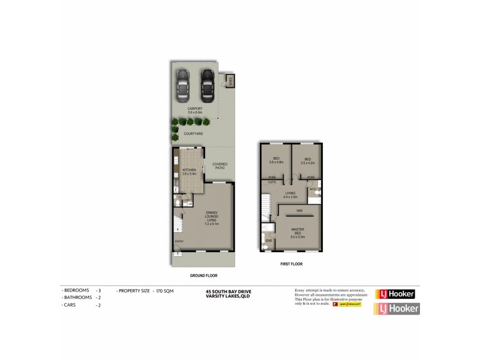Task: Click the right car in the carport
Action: (x=207, y=86)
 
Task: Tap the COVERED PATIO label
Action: (x=220, y=166)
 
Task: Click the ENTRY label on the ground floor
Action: (x=179, y=241)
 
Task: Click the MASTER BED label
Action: (x=298, y=232)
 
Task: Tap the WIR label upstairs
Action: (x=299, y=211)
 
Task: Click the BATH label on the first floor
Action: (x=313, y=188)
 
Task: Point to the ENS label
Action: (x=268, y=241)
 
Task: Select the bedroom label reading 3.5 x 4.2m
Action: (x=307, y=160)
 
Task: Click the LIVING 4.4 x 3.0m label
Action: (x=291, y=194)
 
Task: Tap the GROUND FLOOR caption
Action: (x=203, y=275)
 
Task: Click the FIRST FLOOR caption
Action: (x=291, y=263)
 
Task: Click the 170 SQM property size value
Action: (x=160, y=290)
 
